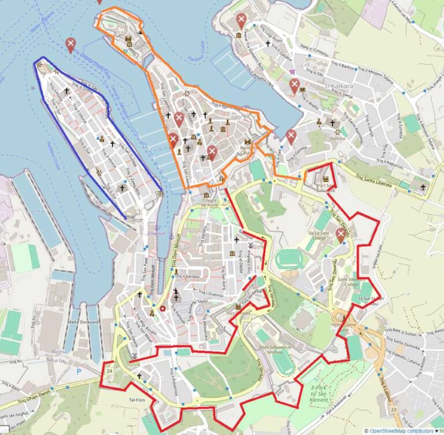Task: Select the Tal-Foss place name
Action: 136,399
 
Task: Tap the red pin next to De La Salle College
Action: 341,234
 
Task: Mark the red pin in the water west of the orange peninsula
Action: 71,44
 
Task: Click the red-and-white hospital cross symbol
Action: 163,308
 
